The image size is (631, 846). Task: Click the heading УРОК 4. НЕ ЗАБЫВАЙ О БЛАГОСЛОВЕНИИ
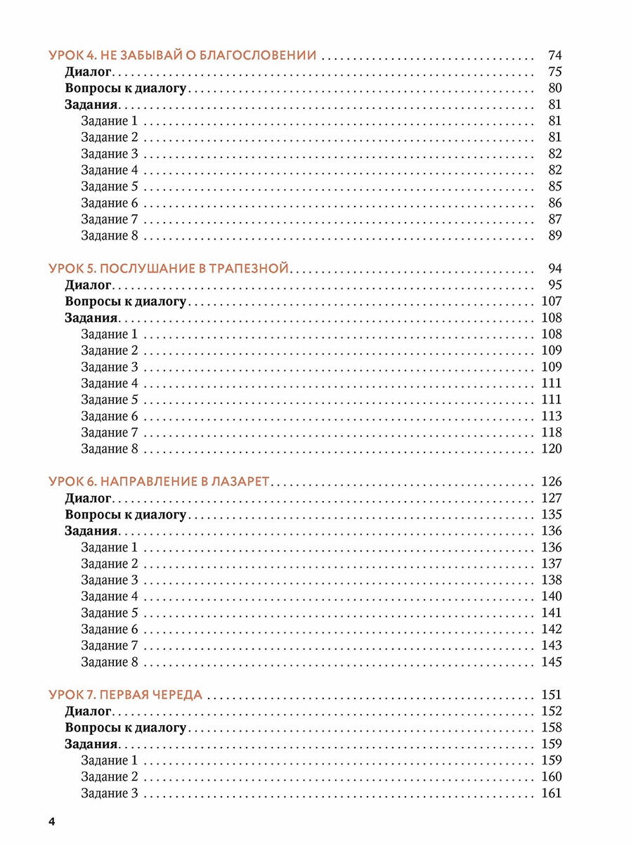183,55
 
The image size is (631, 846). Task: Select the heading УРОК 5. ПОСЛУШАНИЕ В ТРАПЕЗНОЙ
169,268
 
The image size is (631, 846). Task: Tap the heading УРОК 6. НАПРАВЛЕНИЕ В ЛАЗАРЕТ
160,482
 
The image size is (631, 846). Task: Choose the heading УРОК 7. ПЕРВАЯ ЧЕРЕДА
126,695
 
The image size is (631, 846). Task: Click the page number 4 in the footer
51,822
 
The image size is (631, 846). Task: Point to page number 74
554,55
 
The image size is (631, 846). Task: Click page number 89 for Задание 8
554,235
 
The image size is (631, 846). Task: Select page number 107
552,301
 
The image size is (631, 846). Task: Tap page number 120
552,449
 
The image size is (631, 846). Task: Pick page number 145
552,662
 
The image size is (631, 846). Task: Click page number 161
552,793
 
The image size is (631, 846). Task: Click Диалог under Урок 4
88,72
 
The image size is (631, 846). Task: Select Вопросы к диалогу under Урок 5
125,301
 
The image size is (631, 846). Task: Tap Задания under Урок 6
91,531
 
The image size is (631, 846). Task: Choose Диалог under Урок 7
88,711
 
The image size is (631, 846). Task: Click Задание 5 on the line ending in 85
109,187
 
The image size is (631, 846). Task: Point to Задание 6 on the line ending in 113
109,416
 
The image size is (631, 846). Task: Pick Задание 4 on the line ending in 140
109,597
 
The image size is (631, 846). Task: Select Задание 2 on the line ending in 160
109,777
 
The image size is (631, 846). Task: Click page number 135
552,514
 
